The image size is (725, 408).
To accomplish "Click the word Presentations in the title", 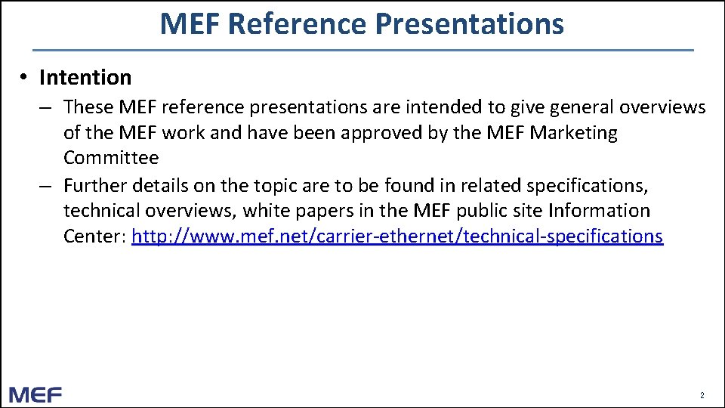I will pos(469,24).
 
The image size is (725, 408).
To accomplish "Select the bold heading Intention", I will pos(85,78).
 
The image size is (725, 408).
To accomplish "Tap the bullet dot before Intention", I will pos(25,77).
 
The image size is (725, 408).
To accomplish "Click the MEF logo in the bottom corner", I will pos(35,394).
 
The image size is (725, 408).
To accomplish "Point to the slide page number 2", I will pos(702,395).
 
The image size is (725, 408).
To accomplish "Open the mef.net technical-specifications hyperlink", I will pos(397,236).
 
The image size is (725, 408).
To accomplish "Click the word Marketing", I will pos(573,133).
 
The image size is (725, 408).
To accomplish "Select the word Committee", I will pos(111,158).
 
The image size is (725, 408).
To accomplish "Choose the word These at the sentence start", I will pos(85,107).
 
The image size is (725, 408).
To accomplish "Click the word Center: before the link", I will pos(94,236).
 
